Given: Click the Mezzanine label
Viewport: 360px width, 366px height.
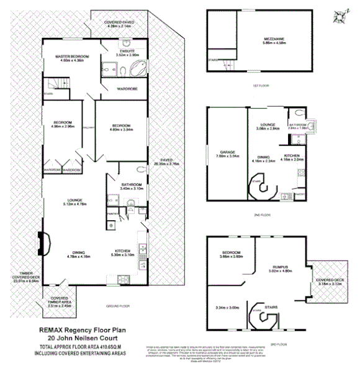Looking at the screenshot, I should pyautogui.click(x=272, y=40).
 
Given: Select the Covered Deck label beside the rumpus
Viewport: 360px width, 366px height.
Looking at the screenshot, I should pyautogui.click(x=328, y=282).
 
